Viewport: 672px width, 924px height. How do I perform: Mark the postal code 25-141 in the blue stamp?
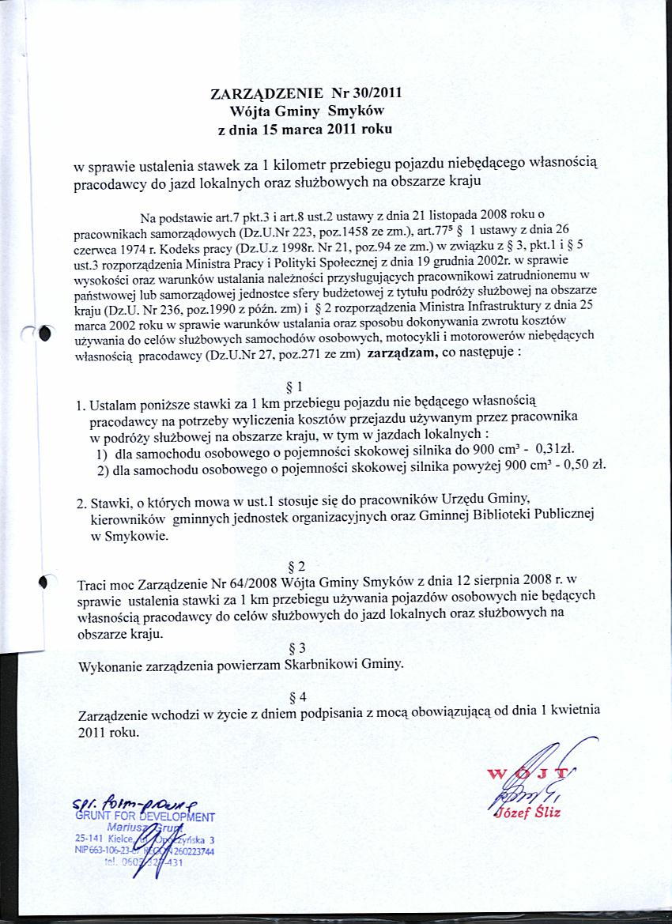click(x=89, y=839)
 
